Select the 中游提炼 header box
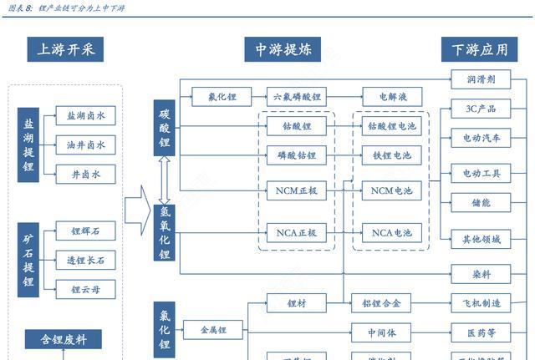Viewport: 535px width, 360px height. (x=283, y=50)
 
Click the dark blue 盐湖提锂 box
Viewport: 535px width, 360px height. (x=28, y=145)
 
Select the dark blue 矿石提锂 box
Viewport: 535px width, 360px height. (x=28, y=260)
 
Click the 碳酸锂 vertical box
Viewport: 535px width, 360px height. (x=165, y=127)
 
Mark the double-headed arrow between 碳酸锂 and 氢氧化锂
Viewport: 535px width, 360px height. (x=165, y=177)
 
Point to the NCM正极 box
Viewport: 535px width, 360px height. (x=297, y=191)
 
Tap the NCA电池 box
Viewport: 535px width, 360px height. (x=390, y=233)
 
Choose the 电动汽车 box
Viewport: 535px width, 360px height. (x=481, y=138)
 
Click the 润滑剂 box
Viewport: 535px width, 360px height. (x=481, y=79)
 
